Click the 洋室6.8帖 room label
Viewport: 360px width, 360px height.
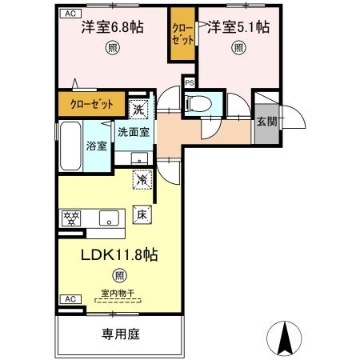point(112,28)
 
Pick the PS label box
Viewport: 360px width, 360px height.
point(190,82)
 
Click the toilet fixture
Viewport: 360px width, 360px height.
point(198,103)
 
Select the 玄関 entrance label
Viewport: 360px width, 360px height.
point(266,122)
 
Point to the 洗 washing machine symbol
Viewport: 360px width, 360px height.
point(138,109)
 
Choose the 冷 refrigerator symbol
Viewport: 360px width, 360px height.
point(141,180)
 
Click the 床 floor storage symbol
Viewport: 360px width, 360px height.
point(141,214)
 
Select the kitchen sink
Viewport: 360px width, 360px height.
point(107,217)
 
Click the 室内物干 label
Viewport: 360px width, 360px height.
point(118,293)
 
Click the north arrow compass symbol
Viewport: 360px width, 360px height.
point(282,339)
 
